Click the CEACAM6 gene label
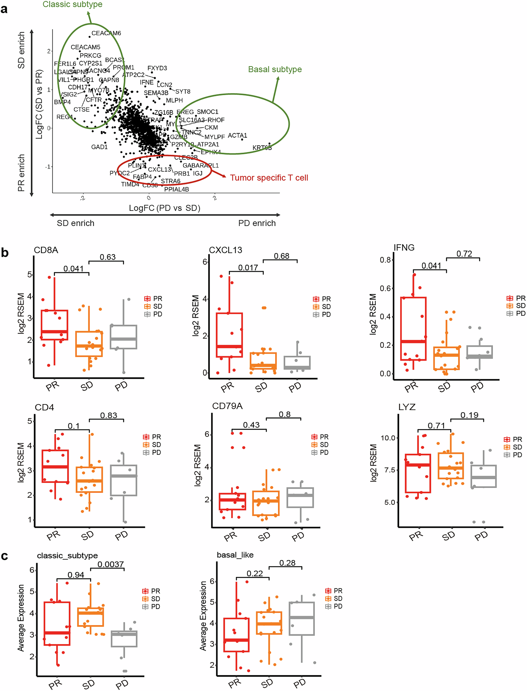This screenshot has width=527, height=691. [106, 33]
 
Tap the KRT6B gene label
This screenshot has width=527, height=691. [262, 148]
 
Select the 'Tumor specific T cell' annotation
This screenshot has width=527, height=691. [269, 178]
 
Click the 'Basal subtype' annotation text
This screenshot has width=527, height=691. [275, 69]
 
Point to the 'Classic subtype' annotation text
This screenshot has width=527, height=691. [73, 5]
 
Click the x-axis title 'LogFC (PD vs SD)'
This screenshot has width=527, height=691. [164, 208]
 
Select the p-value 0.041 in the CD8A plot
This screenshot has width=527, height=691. [73, 269]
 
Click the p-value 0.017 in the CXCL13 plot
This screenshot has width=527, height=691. [248, 268]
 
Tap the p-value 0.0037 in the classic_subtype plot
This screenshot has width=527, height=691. [111, 564]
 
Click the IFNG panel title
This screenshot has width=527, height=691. [404, 248]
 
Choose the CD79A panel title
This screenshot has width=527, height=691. [227, 406]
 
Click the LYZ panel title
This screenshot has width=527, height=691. [407, 407]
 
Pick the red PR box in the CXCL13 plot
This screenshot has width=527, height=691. [229, 335]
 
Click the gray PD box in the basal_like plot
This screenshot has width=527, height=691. [301, 618]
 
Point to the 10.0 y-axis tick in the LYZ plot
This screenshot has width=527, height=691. [388, 438]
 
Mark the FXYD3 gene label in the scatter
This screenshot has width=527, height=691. [157, 68]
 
